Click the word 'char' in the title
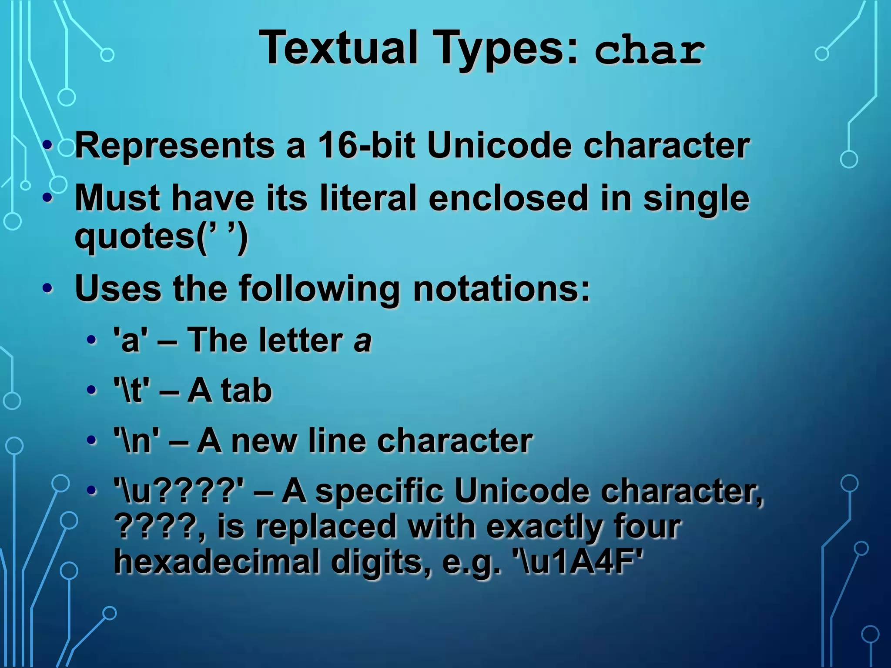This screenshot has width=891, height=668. pos(649,50)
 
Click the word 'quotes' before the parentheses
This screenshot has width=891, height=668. pos(135,237)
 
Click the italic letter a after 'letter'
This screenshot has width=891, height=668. pos(362,341)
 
